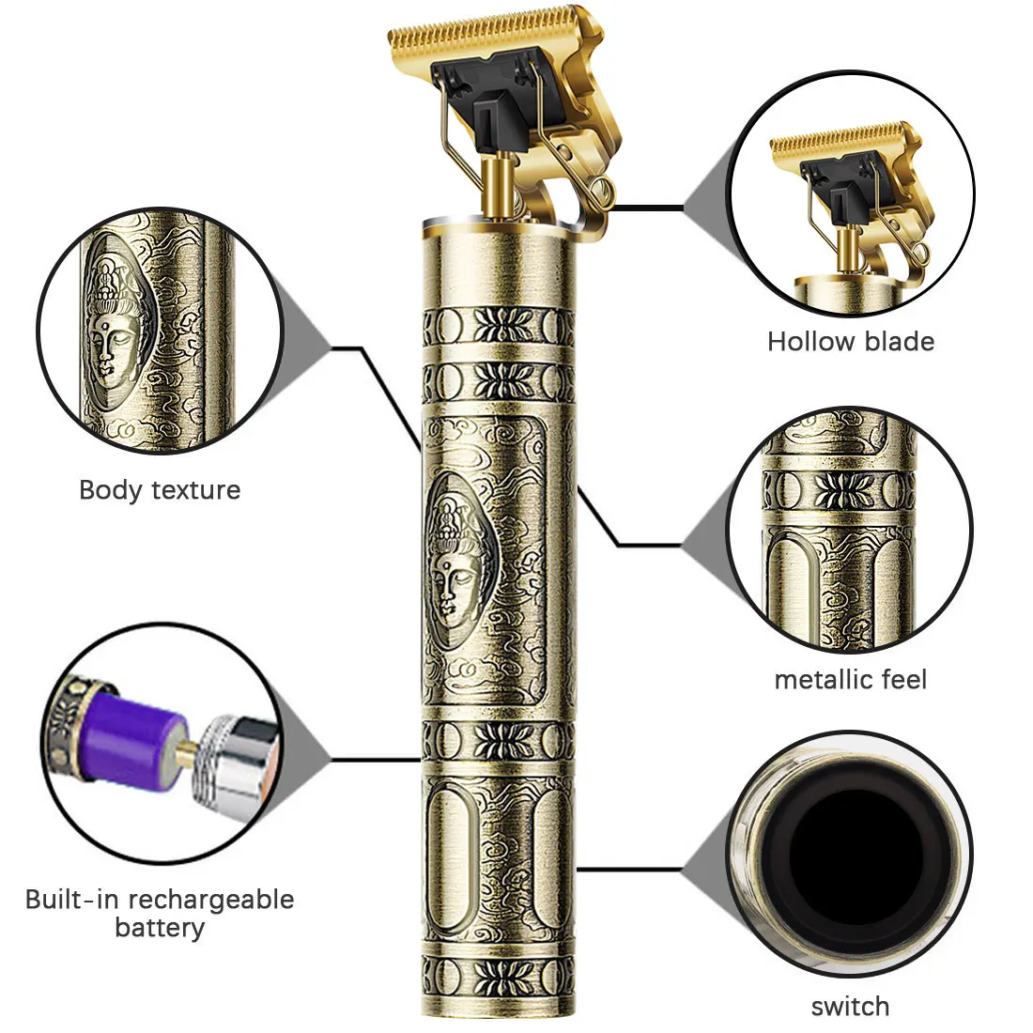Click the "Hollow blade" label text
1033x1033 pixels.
point(850,341)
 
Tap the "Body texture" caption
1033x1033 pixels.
point(160,490)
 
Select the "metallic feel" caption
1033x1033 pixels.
point(850,679)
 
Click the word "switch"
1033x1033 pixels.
point(850,1007)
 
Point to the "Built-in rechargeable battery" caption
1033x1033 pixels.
point(160,914)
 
